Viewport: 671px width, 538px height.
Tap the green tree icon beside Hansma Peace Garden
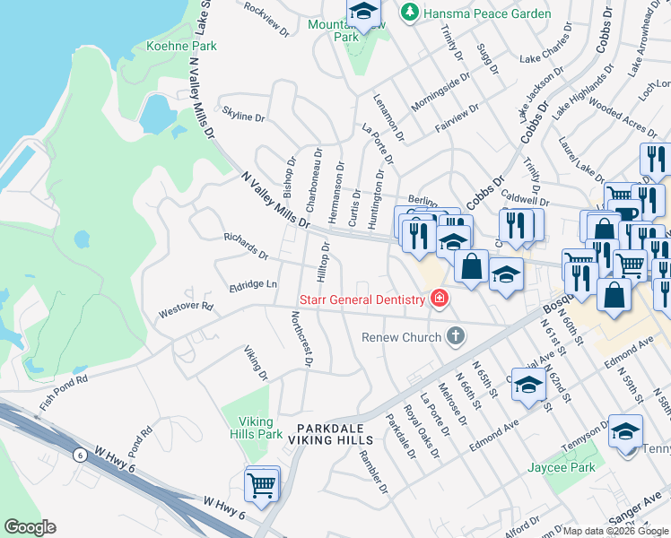click(x=410, y=13)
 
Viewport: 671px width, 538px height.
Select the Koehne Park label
click(x=170, y=45)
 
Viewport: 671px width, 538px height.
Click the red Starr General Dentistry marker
click(x=440, y=299)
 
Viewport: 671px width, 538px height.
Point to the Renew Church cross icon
click(x=456, y=337)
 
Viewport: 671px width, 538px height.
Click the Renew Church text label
click(x=401, y=337)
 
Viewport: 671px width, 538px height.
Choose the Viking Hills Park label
click(x=260, y=428)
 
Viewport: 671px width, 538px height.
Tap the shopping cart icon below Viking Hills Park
click(x=262, y=485)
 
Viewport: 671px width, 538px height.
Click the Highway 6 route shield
click(x=80, y=455)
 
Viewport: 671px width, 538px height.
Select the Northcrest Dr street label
click(x=301, y=339)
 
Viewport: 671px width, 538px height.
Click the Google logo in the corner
click(x=30, y=527)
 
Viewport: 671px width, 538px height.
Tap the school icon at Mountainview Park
click(x=363, y=13)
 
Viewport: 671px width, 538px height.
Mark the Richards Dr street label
click(x=246, y=247)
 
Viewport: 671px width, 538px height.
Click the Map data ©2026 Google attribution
click(x=615, y=531)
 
